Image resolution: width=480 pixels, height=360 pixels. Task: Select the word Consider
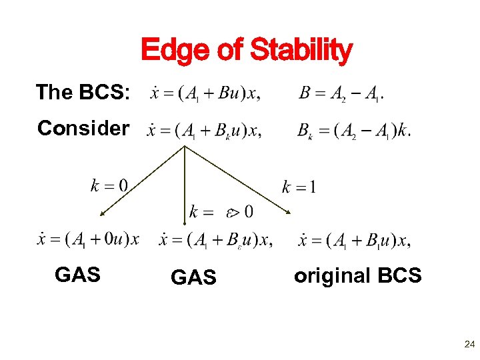point(83,127)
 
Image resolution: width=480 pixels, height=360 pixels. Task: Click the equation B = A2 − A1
point(341,93)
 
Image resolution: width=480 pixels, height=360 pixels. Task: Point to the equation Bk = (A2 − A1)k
point(354,130)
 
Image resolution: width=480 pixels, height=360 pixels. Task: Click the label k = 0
point(110,185)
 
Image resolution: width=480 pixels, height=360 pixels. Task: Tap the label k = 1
point(299,187)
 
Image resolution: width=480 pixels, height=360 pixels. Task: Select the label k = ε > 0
point(221,213)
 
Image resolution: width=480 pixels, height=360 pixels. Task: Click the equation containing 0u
point(88,239)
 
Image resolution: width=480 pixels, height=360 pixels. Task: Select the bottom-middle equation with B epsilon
point(215,241)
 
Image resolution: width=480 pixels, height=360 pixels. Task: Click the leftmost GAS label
point(78,274)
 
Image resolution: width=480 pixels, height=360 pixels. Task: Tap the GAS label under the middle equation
point(193,277)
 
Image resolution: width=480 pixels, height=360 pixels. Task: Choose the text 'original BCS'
point(357,275)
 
